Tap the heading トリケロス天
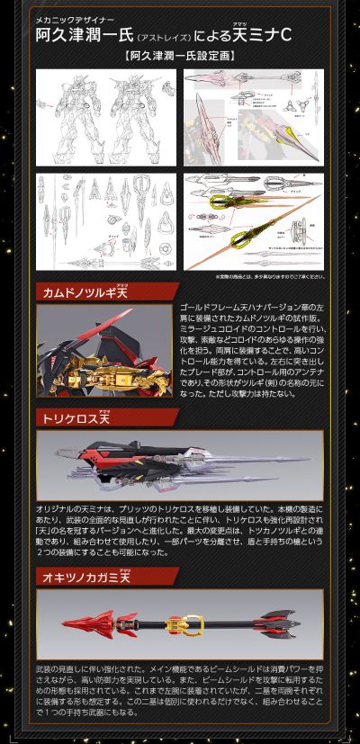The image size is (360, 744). click(80, 417)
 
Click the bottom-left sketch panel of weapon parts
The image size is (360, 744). click(105, 220)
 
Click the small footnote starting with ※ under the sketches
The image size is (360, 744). click(269, 276)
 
